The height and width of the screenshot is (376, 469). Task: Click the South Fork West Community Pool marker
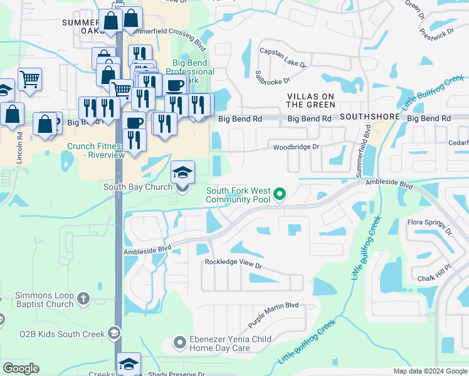(x=281, y=195)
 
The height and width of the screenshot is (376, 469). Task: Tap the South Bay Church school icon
(x=182, y=172)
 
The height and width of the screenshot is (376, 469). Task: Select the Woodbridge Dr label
(x=296, y=147)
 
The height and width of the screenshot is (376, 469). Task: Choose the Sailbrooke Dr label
(x=271, y=80)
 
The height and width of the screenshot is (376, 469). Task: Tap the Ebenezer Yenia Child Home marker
(x=179, y=342)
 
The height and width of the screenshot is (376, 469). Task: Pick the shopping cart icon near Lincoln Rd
(x=29, y=80)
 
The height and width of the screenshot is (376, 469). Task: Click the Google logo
(x=21, y=368)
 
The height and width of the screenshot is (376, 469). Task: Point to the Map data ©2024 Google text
(x=429, y=371)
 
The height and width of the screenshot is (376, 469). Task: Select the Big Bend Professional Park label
(x=192, y=71)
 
